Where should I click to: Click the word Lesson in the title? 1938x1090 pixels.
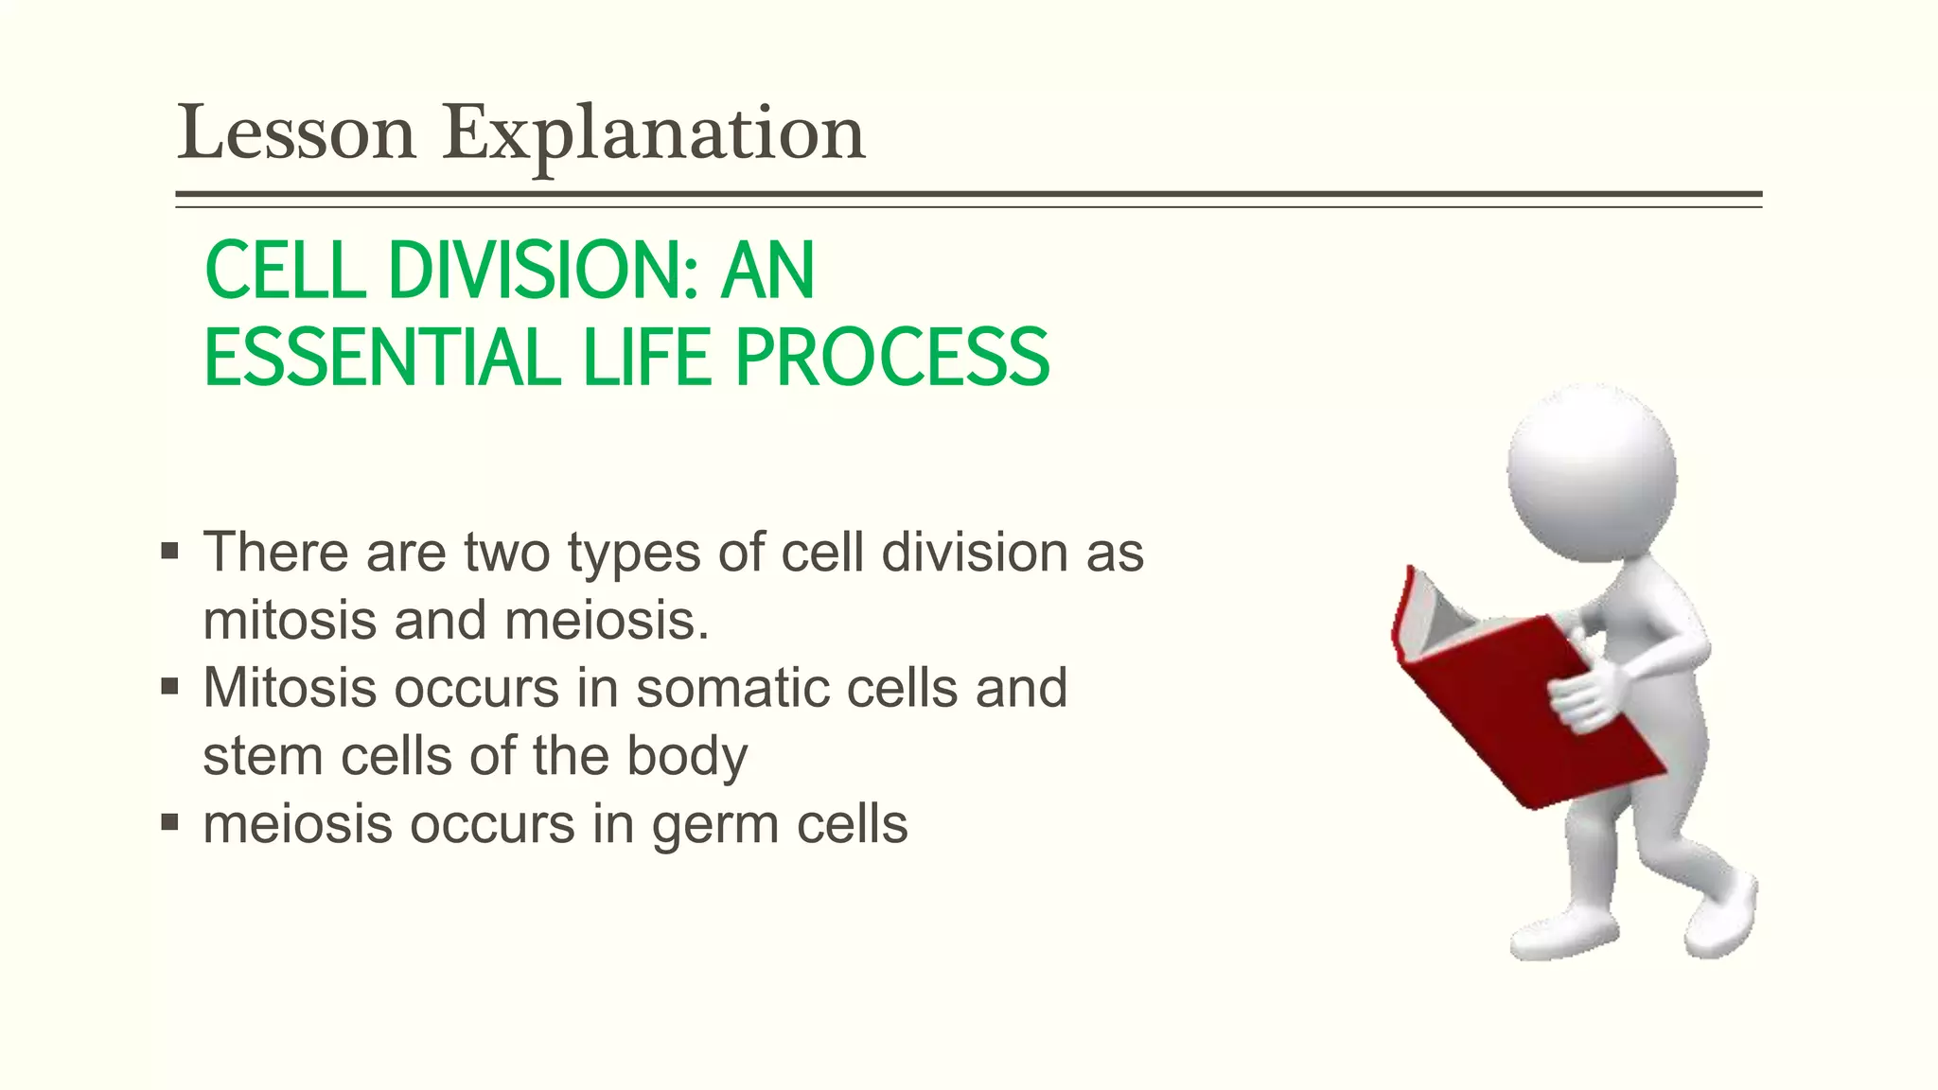[x=296, y=133]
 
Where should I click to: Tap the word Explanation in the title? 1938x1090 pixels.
[x=654, y=133]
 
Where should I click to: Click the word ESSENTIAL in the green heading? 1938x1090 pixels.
[x=382, y=358]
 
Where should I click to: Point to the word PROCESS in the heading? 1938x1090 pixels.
[x=891, y=358]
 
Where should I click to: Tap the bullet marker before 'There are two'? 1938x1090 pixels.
[x=170, y=552]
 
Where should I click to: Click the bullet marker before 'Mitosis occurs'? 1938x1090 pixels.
[x=170, y=687]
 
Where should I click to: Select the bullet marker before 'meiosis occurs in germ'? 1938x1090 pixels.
[x=170, y=823]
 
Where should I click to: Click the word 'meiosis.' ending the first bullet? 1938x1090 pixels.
[x=607, y=622]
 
